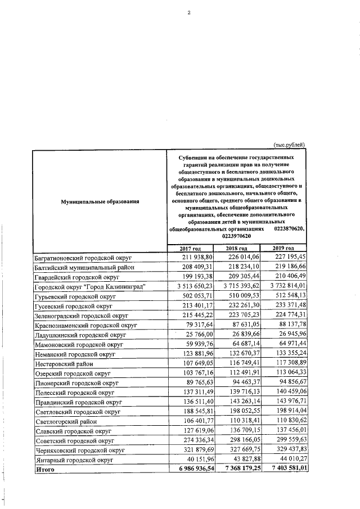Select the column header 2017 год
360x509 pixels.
pos(190,249)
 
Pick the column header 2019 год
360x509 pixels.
pos(283,249)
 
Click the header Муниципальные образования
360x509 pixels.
pos(100,201)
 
